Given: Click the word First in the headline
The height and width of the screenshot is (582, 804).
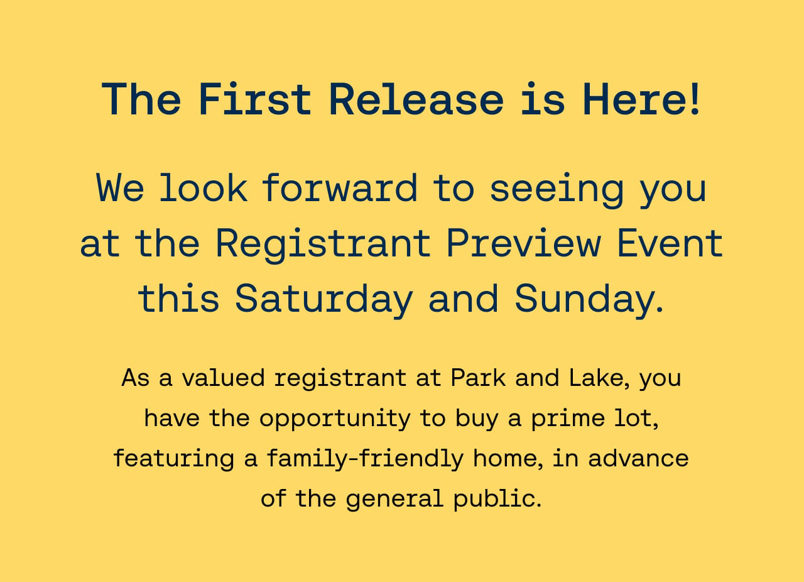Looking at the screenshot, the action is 254,99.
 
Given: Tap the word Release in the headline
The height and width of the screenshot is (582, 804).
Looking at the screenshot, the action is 416,99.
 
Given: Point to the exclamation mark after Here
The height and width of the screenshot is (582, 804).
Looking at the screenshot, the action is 695,99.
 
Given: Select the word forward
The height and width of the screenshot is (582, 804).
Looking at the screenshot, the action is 340,187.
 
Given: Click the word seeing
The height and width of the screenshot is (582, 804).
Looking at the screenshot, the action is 557,190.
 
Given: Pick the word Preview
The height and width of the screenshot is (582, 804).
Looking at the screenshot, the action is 524,244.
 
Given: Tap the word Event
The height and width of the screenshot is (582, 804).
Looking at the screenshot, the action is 670,243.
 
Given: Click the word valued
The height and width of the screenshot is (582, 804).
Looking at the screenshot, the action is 223,378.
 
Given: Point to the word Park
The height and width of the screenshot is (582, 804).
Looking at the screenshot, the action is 478,378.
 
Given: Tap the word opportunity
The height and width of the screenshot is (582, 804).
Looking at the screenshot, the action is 335,419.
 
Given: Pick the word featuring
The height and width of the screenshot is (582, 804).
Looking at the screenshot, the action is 174,459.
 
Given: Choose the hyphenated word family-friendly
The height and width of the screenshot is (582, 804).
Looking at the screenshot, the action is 365,459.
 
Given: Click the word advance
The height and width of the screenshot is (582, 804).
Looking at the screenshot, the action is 638,458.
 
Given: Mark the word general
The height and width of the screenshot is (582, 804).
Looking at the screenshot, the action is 394,500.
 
